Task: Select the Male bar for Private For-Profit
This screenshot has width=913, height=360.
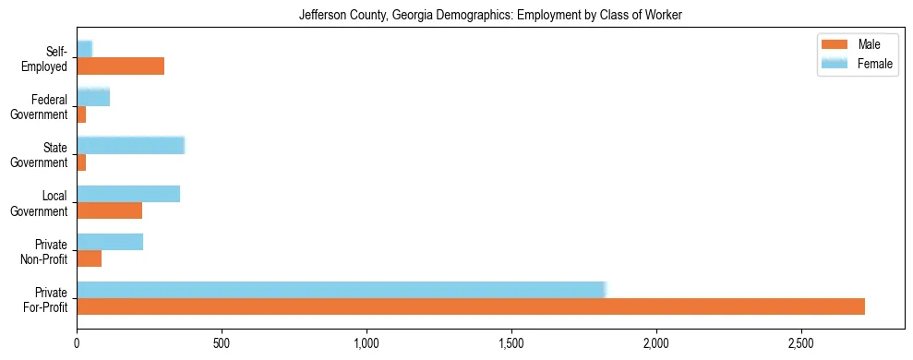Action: [471, 306]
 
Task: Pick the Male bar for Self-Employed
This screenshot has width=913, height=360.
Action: [120, 66]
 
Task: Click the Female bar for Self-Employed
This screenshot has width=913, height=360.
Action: [84, 49]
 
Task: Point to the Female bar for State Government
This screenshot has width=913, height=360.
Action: [130, 145]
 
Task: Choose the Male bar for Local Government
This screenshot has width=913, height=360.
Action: [109, 210]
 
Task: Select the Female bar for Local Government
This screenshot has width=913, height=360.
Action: [128, 193]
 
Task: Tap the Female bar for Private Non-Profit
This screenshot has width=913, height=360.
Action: [110, 241]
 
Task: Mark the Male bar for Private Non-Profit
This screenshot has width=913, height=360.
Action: [89, 258]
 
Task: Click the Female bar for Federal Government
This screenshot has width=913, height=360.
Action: [93, 97]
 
